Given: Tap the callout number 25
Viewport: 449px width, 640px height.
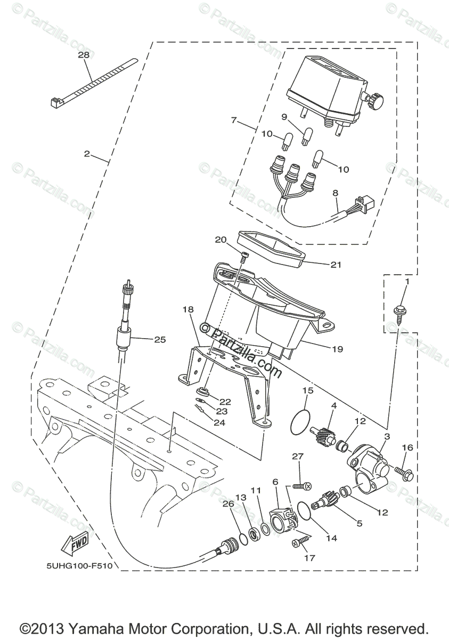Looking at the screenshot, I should tap(160, 339).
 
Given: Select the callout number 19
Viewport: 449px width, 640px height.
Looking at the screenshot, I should tap(337, 349).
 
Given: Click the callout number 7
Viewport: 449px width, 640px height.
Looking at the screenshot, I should tap(234, 120).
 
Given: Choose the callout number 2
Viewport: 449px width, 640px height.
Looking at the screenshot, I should tap(87, 154).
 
